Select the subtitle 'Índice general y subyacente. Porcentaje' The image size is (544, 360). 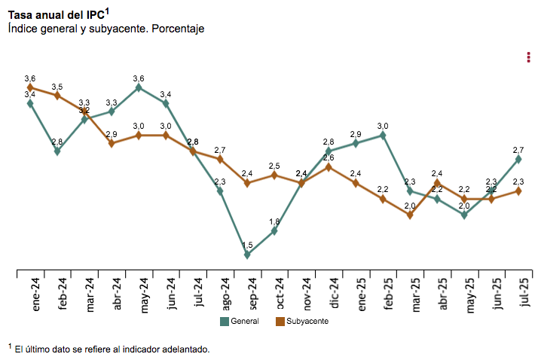coord(106,29)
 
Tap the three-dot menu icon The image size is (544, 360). coord(530,57)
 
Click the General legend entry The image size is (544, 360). coord(240,322)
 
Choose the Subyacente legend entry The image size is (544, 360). coord(301,322)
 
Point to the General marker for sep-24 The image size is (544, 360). coord(247,255)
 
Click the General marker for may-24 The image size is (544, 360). coord(139,87)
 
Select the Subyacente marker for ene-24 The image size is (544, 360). coord(30,87)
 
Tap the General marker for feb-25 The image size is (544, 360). coord(383,136)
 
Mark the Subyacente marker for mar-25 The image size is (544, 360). coord(410,215)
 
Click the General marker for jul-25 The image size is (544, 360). coord(518,159)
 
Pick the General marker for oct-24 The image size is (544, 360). coord(274,230)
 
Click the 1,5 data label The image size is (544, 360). coord(247,245)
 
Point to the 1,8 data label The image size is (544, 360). coord(274,221)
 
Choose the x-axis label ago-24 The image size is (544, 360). coord(225,292)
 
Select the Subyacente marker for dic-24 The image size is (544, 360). coord(329,166)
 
